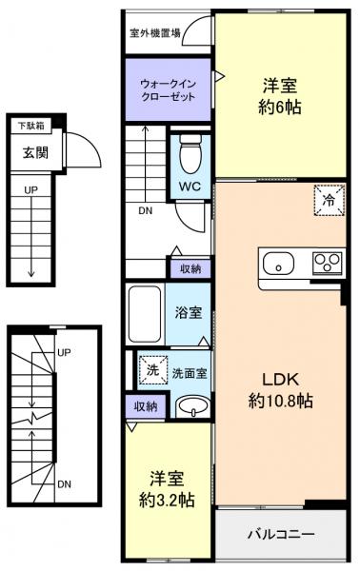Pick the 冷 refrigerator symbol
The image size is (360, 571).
coord(327,201)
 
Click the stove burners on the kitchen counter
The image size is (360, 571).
coord(326,264)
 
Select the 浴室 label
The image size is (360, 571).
coord(188,312)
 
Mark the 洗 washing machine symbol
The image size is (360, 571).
coord(148,369)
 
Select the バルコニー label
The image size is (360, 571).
coord(281,535)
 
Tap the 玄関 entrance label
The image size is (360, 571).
coord(29,152)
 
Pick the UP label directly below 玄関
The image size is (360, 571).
coord(30,189)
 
